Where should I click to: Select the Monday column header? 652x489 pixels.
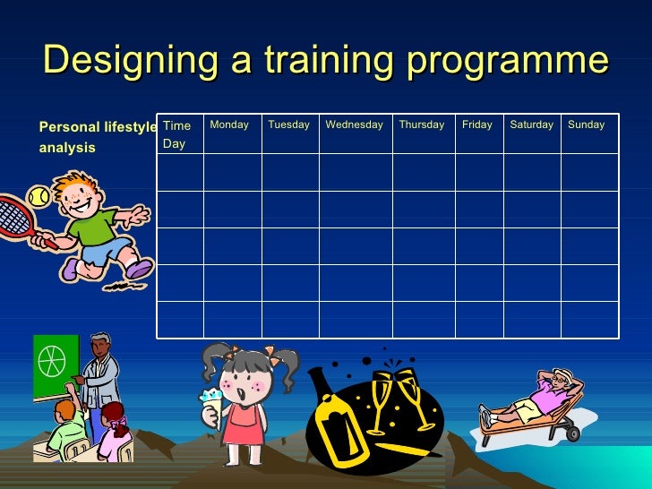pos(229,125)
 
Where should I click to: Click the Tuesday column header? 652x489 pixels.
pos(288,125)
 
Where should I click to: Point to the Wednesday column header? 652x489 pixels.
pos(354,125)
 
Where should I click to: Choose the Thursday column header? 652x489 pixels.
pos(421,125)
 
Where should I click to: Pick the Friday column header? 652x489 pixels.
pos(476,125)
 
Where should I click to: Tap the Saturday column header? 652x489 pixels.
pos(531,125)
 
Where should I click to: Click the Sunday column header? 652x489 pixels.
pos(586,125)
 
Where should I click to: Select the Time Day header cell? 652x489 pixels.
pos(177,134)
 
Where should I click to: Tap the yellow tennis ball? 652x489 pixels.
pos(37,195)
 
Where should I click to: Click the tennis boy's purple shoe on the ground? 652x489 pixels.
pos(139,268)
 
